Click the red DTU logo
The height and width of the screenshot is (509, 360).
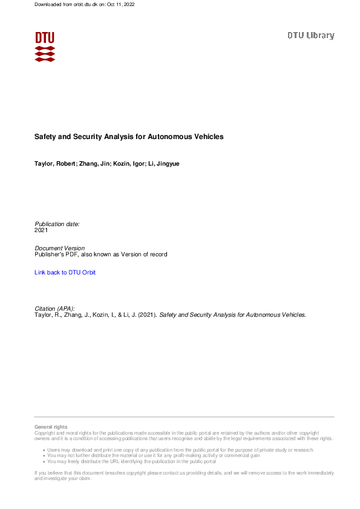coord(45,47)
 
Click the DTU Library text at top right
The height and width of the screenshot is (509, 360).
coord(310,36)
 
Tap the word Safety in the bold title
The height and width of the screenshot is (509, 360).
coord(46,137)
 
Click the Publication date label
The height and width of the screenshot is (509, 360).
coord(57,224)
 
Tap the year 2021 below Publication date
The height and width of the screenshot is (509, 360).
coord(41,230)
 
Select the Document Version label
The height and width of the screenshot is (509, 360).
coord(59,248)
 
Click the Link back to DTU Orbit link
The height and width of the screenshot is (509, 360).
coord(65,273)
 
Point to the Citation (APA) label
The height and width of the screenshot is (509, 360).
coord(54,308)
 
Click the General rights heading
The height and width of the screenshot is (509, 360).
coord(51,427)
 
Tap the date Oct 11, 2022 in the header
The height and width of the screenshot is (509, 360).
coord(120,4)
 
